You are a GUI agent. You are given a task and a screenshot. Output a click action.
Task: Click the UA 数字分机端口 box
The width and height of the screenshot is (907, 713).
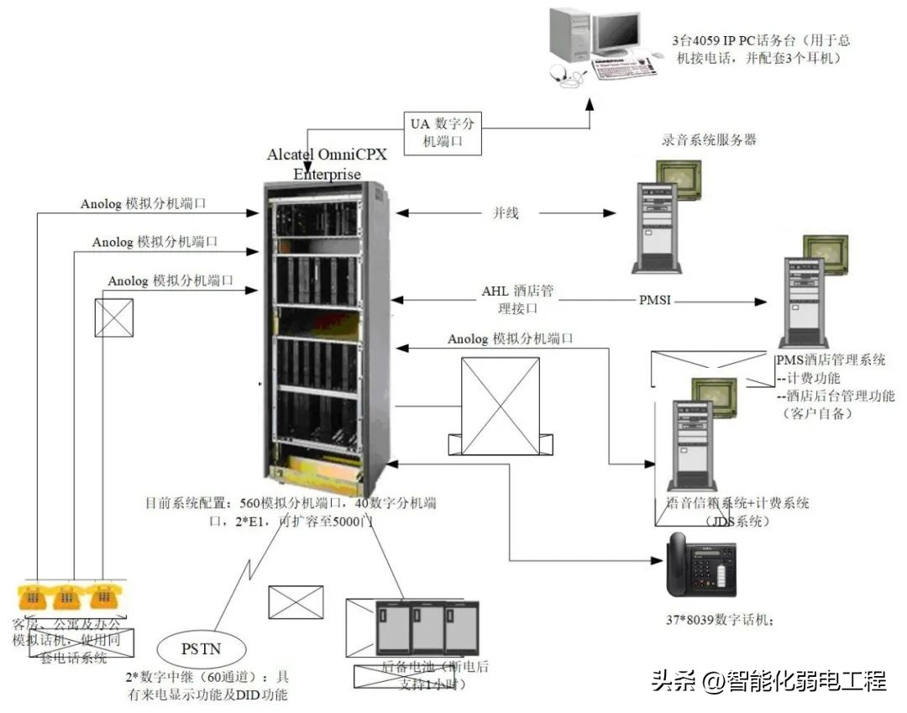(x=442, y=133)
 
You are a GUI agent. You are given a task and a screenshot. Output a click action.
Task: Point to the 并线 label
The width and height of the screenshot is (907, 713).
(x=505, y=213)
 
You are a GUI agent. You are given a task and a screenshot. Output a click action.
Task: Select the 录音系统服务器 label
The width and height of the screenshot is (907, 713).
(x=708, y=139)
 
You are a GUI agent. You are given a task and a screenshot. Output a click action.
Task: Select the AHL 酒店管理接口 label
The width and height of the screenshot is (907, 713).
(x=517, y=300)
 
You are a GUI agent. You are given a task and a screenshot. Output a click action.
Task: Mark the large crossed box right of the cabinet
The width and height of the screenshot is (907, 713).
(x=501, y=395)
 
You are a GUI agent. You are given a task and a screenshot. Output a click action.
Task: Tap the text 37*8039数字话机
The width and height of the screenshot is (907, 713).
(x=718, y=621)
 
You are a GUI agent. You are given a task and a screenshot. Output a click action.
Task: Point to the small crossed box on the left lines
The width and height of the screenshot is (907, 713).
(x=113, y=317)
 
